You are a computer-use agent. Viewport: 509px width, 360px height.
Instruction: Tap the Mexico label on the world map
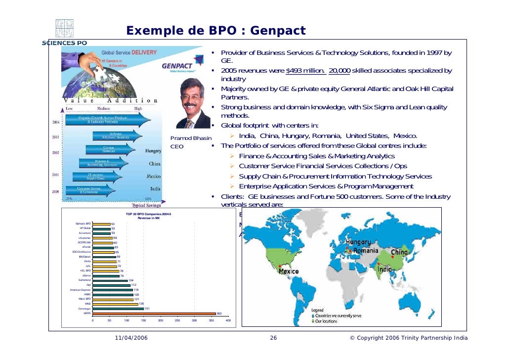(289, 271)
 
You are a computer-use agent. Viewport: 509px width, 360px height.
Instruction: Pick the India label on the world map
(385, 270)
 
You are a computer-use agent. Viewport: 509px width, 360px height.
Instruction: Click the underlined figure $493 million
(305, 70)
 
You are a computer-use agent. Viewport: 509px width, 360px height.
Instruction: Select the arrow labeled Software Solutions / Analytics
(117, 135)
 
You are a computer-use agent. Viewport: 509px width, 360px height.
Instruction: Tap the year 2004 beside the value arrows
(56, 121)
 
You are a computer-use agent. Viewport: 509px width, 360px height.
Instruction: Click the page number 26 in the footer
(273, 338)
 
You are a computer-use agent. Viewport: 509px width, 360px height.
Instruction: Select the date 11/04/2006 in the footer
(130, 338)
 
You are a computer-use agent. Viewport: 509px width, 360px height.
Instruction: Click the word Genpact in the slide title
(278, 32)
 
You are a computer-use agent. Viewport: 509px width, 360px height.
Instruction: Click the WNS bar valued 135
(115, 304)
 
